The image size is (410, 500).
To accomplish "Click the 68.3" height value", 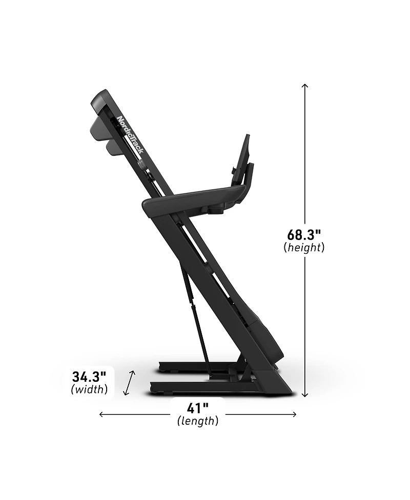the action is [304, 235].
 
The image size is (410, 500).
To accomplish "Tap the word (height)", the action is [304, 247].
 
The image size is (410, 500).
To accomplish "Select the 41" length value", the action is [198, 408].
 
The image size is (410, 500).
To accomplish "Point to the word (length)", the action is [198, 421].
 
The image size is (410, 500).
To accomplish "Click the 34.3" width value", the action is [89, 377].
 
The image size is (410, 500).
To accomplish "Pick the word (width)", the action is [89, 389].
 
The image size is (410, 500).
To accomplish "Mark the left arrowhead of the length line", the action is [101, 415].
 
